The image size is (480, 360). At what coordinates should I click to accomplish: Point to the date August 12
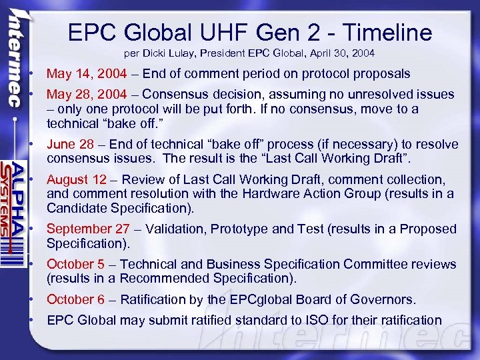(77, 179)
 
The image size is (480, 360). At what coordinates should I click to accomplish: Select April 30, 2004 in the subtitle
(345, 52)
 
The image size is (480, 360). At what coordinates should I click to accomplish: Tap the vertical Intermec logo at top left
(15, 60)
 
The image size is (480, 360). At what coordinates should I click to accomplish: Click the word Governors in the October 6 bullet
(385, 299)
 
